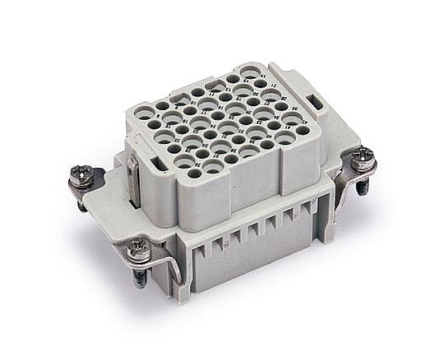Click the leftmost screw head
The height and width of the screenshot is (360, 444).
[79, 173]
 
